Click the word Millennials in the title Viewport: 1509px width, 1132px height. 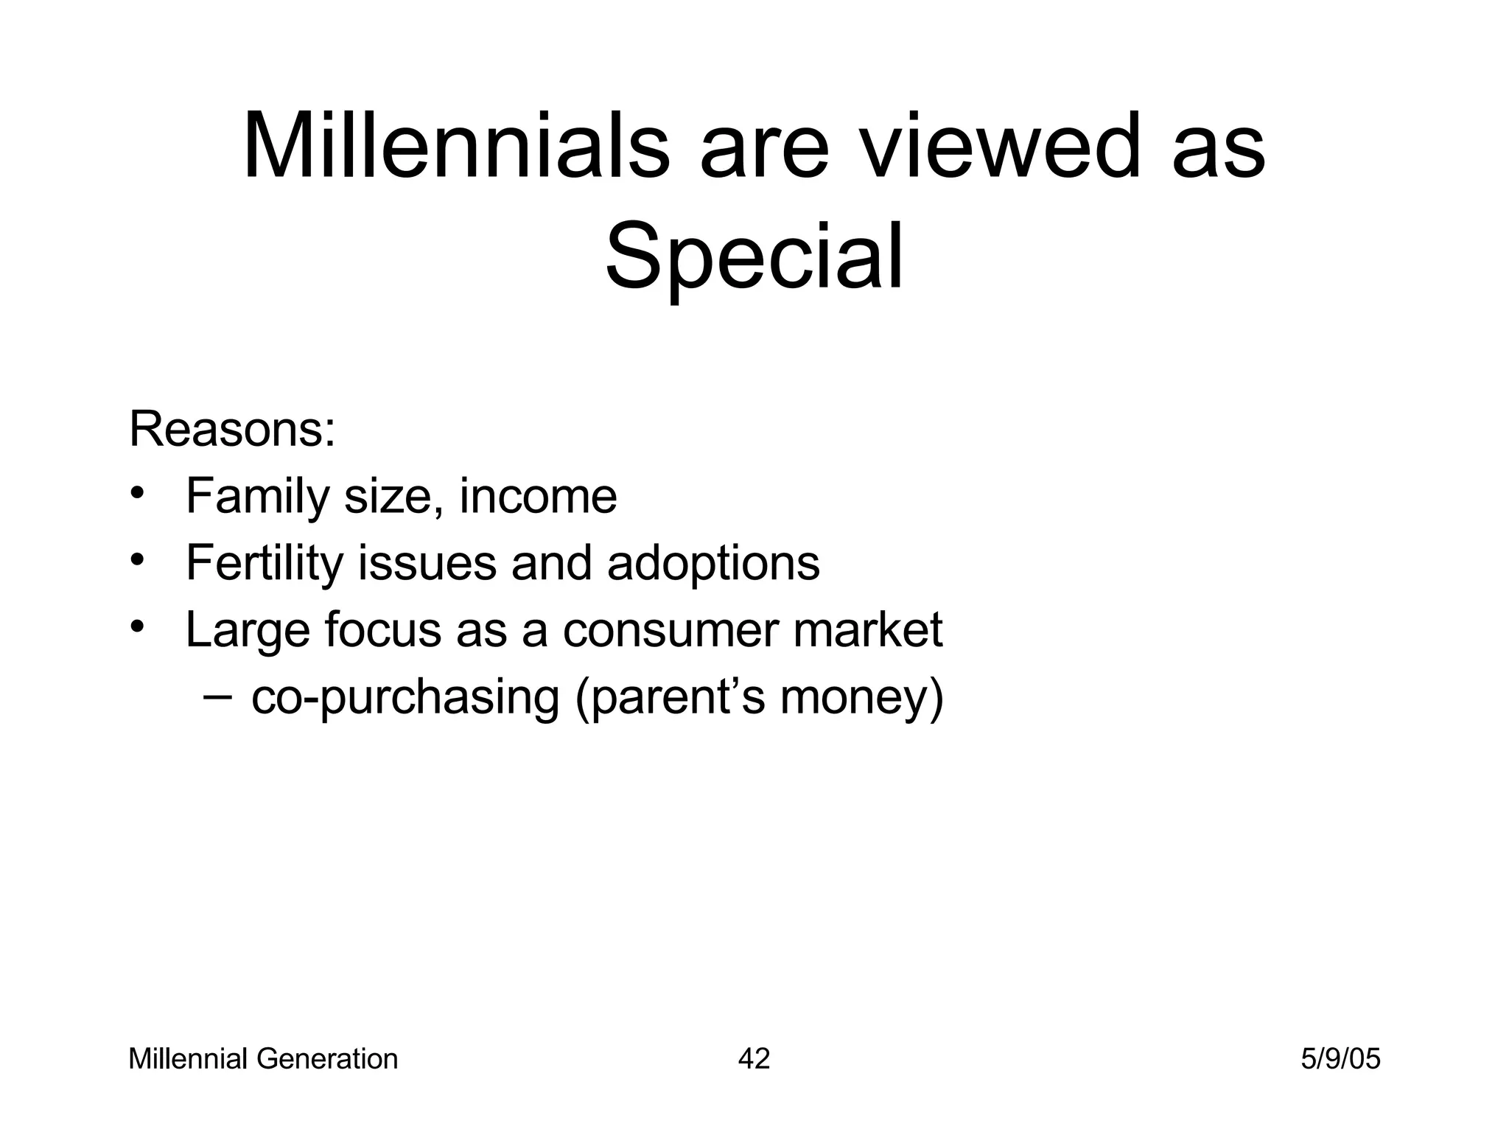click(x=456, y=147)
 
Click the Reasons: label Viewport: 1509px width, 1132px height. click(x=232, y=430)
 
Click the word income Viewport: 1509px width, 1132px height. click(x=538, y=497)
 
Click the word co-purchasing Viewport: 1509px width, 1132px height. click(x=405, y=698)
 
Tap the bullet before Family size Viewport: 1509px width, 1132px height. click(x=136, y=492)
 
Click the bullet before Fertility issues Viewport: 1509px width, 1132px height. click(x=136, y=559)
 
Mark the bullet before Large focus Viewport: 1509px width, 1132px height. click(x=136, y=626)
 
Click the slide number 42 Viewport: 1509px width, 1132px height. click(x=754, y=1060)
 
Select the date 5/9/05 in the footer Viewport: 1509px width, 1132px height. click(x=1340, y=1060)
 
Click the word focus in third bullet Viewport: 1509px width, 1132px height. click(x=382, y=631)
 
